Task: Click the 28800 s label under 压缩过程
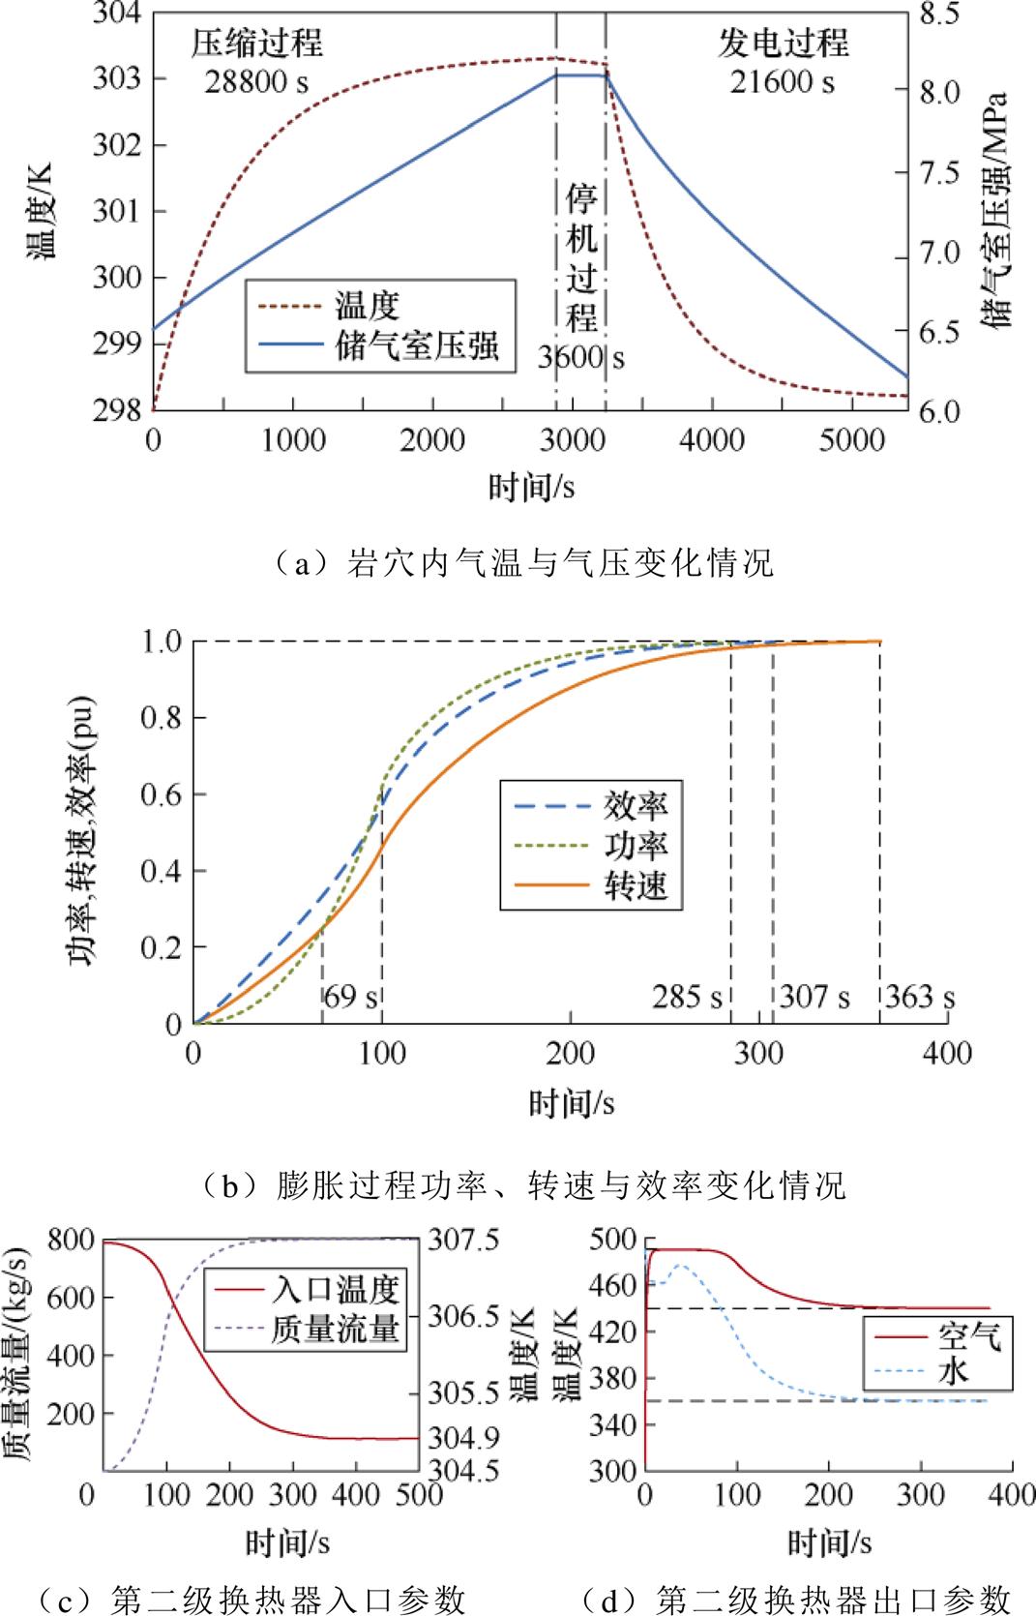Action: click(256, 82)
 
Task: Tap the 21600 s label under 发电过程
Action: click(782, 82)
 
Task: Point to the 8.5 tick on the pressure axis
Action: click(939, 15)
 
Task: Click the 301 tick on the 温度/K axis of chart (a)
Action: click(116, 211)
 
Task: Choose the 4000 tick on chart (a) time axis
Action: click(711, 440)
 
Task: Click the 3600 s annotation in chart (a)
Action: click(581, 358)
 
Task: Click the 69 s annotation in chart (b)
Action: click(350, 997)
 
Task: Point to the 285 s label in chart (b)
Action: click(687, 997)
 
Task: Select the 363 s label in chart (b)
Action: click(919, 997)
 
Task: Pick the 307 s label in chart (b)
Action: click(814, 997)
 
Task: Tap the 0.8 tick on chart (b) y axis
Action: click(161, 718)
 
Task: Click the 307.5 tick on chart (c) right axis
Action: click(463, 1240)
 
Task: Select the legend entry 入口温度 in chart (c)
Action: click(335, 1290)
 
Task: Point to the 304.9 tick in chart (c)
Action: click(463, 1438)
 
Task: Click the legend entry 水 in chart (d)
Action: click(953, 1370)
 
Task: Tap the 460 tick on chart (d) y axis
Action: click(612, 1285)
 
